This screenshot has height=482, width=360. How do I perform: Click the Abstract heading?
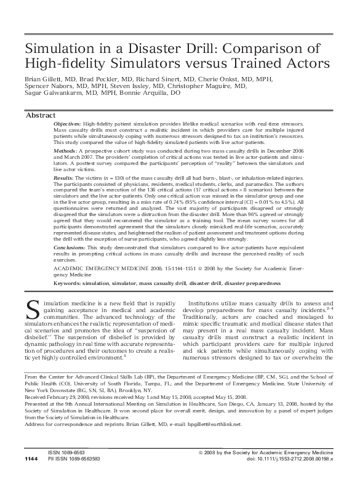[41, 116]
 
